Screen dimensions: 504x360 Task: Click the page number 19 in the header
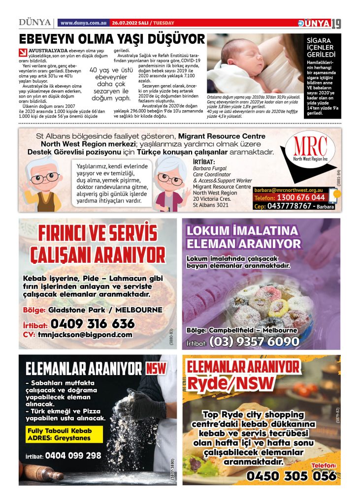pos(336,23)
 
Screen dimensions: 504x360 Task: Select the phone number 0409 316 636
pos(92,324)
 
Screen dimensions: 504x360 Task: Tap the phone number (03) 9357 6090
pos(255,341)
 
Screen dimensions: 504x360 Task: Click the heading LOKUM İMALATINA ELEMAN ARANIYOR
pos(243,237)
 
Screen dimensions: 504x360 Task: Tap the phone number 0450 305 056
pos(291,475)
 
